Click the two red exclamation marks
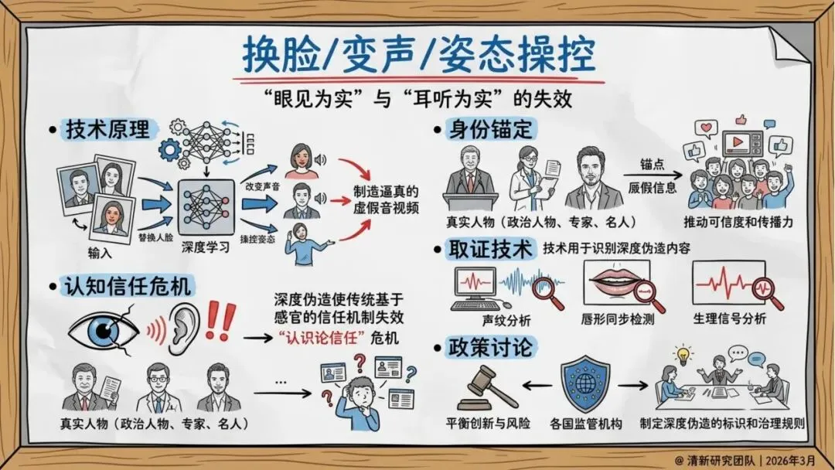click(x=222, y=322)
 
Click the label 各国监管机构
click(x=584, y=424)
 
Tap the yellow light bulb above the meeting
click(x=683, y=353)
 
